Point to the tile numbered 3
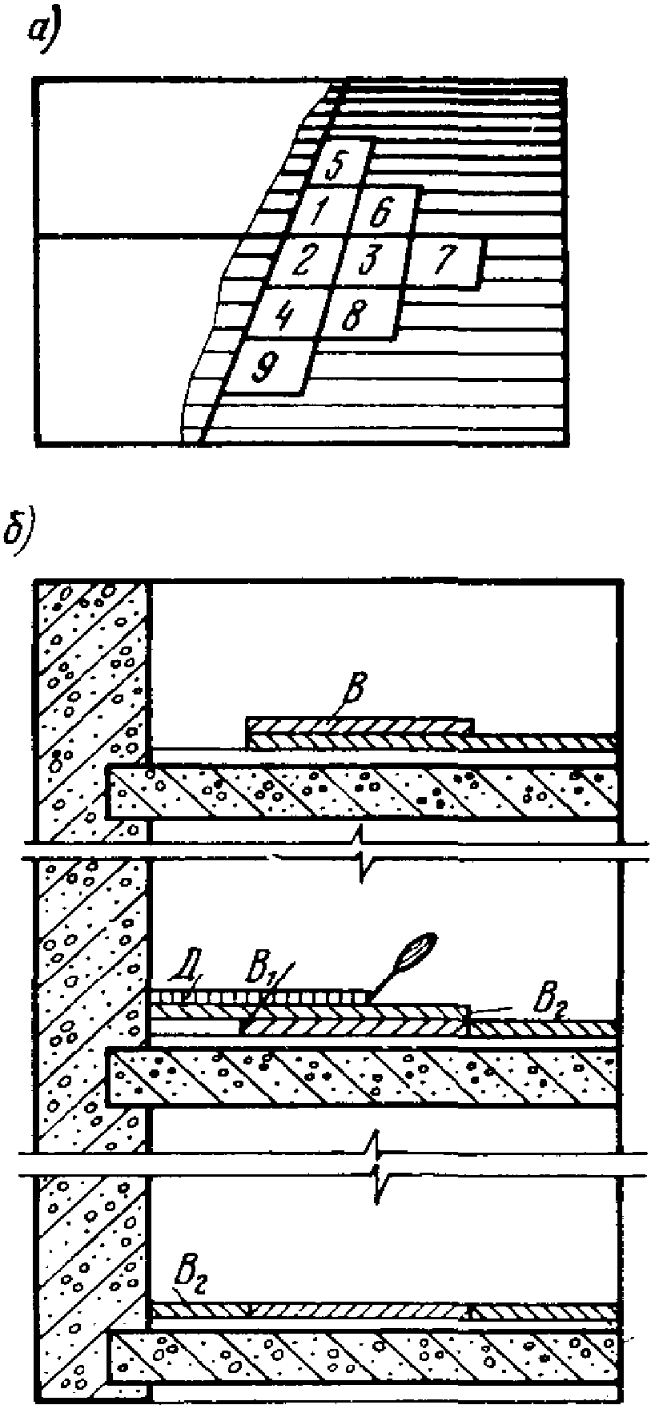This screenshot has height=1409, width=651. tap(369, 261)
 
